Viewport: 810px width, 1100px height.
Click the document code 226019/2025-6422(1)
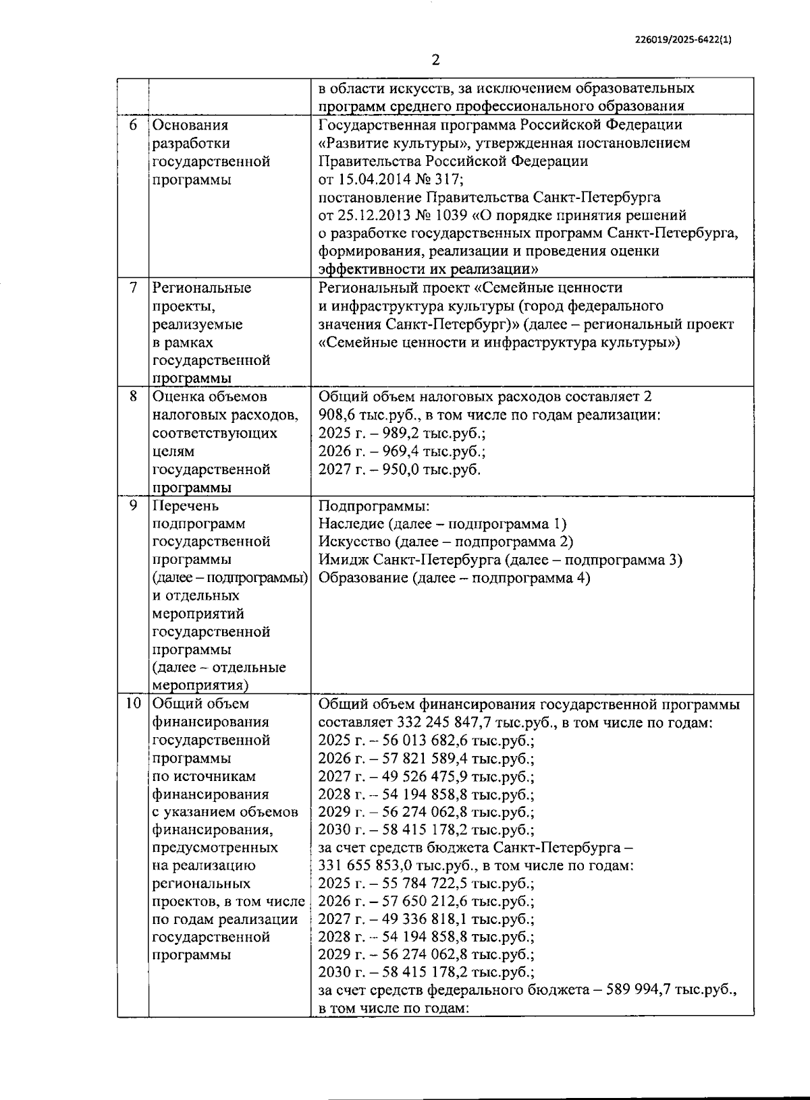[x=684, y=40]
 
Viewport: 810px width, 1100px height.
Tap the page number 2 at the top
[x=435, y=60]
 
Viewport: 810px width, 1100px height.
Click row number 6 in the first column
[x=133, y=125]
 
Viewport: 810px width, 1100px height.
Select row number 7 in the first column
[x=133, y=288]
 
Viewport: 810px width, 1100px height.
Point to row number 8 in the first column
[x=133, y=397]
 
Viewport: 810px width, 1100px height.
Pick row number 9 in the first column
[x=133, y=506]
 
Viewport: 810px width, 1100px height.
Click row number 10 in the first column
[x=133, y=704]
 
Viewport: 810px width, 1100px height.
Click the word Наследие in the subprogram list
[x=347, y=524]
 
